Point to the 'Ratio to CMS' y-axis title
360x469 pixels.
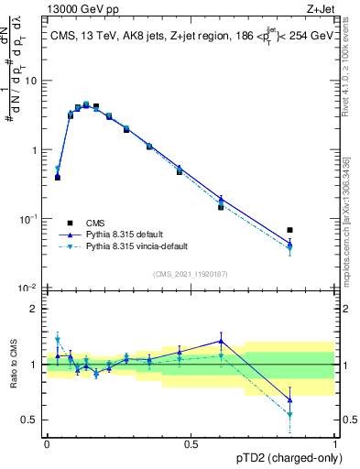(13, 364)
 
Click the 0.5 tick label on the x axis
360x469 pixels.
(191, 443)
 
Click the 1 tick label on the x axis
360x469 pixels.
(335, 443)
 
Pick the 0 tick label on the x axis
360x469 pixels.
(47, 443)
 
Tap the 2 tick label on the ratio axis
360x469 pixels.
(35, 309)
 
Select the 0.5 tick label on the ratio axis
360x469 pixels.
(30, 420)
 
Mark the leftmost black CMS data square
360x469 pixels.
(58, 178)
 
